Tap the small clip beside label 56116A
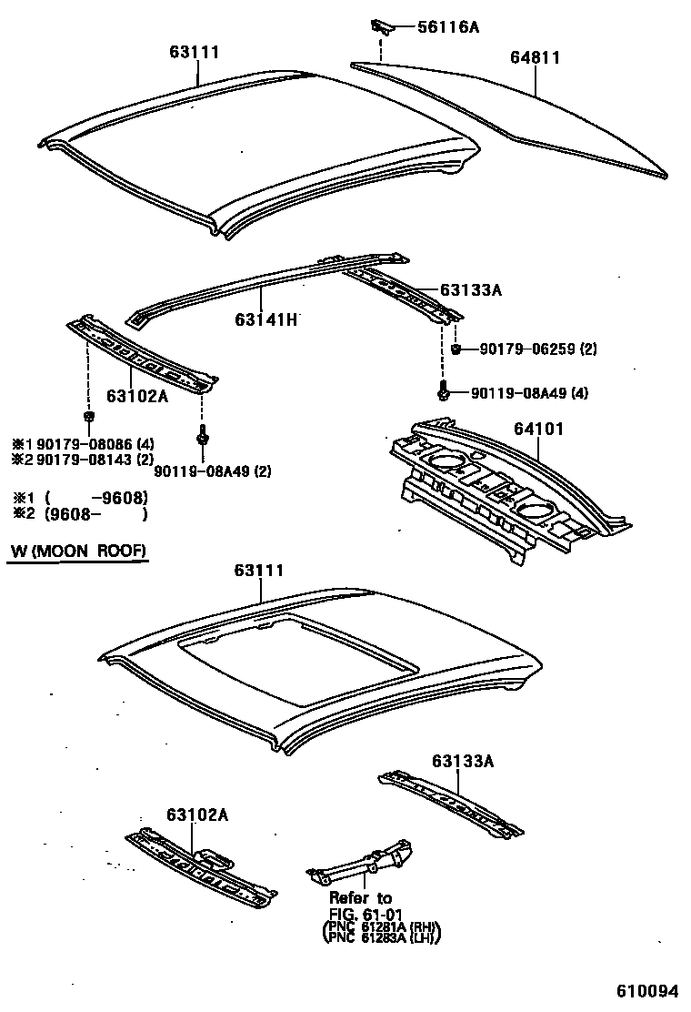[x=379, y=25]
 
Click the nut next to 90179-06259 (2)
[x=456, y=349]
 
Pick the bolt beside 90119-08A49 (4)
[x=442, y=393]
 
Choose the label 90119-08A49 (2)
[x=212, y=471]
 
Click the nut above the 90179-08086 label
[x=88, y=417]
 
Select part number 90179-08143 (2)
[x=90, y=460]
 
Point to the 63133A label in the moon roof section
[x=462, y=761]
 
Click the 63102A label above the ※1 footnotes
[x=135, y=396]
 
